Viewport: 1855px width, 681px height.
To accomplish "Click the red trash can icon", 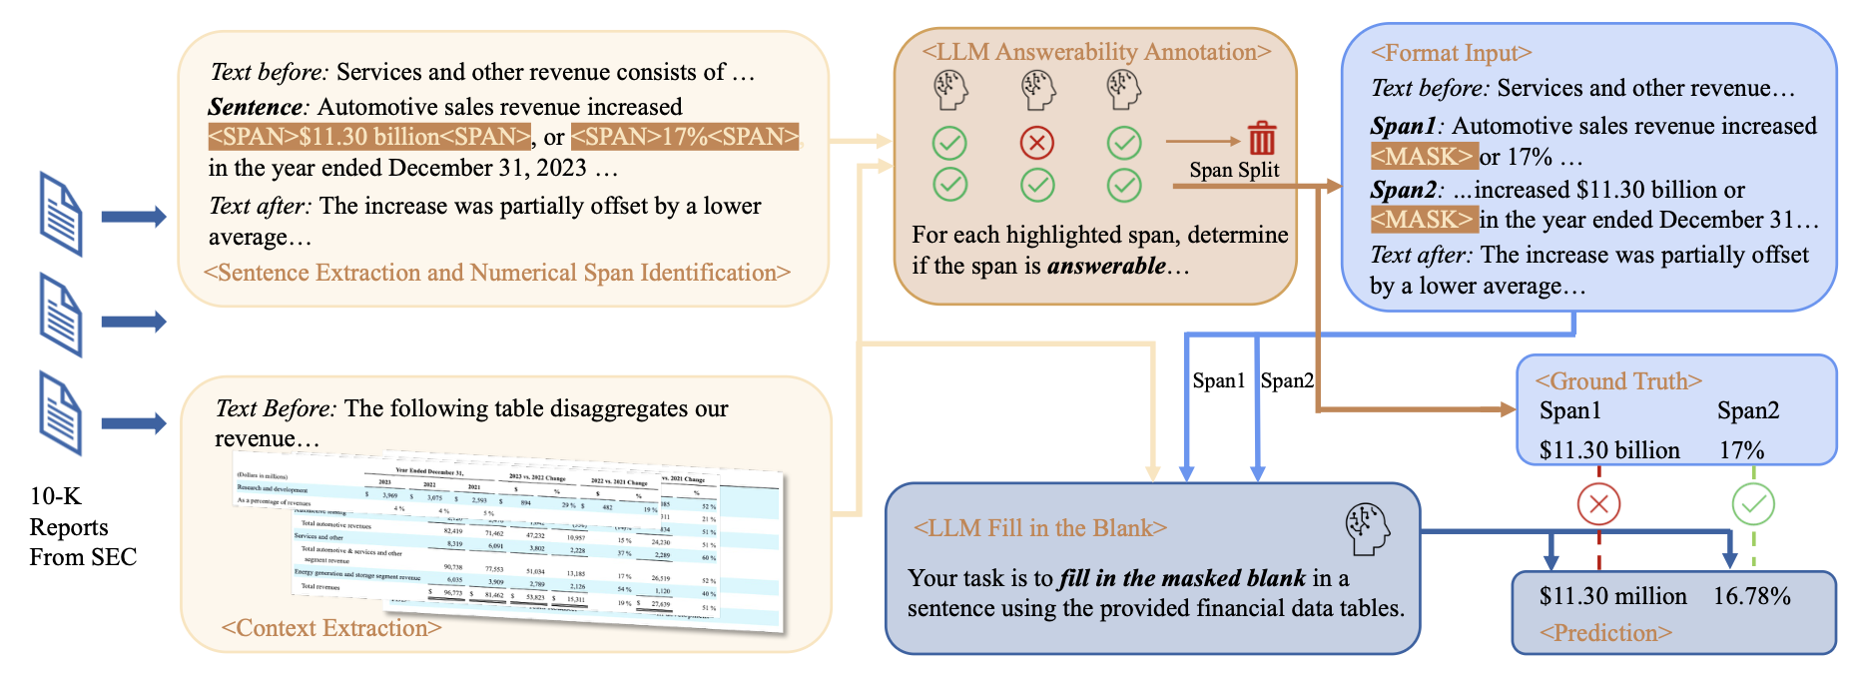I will point(1262,138).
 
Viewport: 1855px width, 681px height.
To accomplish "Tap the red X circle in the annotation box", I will point(1037,143).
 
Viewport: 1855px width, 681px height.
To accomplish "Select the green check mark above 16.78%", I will point(1753,503).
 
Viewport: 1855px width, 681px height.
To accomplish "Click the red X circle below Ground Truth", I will point(1598,503).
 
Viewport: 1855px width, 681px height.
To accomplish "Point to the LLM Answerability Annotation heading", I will point(1096,52).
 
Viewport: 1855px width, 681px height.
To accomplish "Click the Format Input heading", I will point(1451,53).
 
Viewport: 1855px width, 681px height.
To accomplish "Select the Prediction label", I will point(1605,633).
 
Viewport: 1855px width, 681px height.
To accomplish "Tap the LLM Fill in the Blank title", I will point(1039,528).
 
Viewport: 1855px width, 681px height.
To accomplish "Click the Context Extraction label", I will point(330,628).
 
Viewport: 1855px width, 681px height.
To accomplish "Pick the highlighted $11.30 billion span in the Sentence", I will point(369,137).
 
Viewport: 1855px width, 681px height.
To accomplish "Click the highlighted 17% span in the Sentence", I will point(685,137).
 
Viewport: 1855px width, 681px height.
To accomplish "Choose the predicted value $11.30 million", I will point(1612,596).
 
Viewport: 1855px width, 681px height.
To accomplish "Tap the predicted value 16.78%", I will point(1751,596).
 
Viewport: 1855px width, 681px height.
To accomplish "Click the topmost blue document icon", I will point(60,213).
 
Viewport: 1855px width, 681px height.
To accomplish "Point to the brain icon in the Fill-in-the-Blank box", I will point(1367,529).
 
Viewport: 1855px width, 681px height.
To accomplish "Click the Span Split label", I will point(1234,170).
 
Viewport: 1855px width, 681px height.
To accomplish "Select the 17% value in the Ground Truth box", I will point(1741,450).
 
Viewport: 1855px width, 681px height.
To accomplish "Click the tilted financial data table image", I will point(509,544).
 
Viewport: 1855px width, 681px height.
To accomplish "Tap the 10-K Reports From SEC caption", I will point(82,526).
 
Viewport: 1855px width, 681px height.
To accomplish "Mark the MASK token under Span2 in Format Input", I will point(1423,220).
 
